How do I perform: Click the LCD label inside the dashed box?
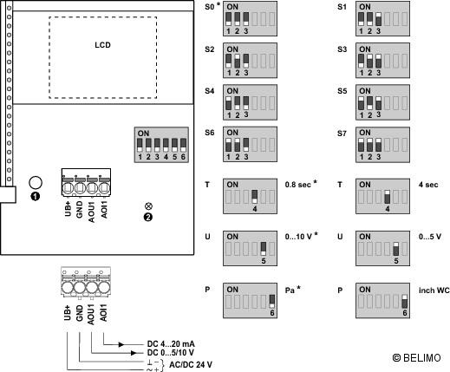102,45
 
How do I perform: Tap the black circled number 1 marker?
35,197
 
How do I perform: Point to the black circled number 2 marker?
148,217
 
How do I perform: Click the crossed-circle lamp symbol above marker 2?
148,206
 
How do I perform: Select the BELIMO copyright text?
416,358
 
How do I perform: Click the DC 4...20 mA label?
171,344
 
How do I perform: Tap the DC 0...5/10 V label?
170,353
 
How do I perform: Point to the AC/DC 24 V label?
191,365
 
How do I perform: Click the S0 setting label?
210,7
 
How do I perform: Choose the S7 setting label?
342,134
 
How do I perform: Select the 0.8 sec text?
298,185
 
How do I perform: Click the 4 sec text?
428,185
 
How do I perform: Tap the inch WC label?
434,290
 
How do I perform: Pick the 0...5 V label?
430,237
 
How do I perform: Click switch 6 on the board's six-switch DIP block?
183,145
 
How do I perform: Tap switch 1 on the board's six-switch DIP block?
140,145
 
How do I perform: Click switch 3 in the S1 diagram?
378,19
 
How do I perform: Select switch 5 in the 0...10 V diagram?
264,249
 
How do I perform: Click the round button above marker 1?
36,183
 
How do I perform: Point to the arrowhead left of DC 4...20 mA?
121,344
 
